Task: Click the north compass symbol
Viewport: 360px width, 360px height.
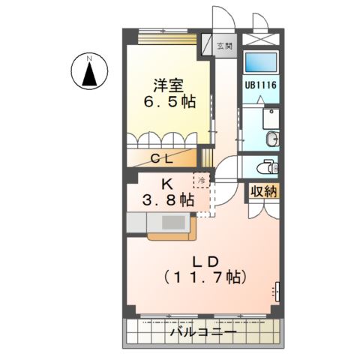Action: [x=88, y=73]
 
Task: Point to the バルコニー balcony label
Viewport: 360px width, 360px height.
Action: [x=203, y=332]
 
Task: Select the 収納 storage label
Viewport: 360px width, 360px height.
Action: [x=263, y=191]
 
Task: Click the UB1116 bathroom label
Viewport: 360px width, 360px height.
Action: [x=260, y=85]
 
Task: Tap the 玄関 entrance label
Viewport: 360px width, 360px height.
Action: [x=224, y=46]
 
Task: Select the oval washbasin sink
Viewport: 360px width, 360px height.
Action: [x=273, y=138]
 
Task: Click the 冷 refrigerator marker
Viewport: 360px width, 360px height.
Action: [x=202, y=180]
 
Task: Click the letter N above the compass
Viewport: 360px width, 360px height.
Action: [x=88, y=58]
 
